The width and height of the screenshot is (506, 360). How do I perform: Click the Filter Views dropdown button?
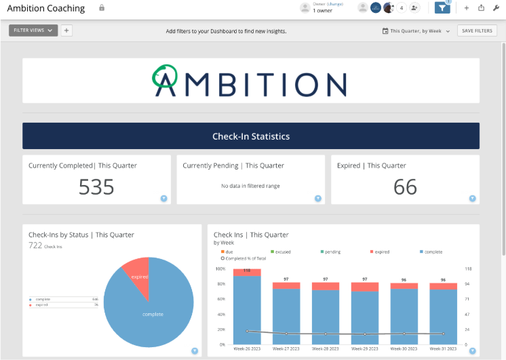(x=33, y=31)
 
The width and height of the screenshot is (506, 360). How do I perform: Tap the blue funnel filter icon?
(x=442, y=8)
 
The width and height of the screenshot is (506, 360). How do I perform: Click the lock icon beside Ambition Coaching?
(x=102, y=8)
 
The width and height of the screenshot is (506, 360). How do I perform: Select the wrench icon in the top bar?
(x=497, y=8)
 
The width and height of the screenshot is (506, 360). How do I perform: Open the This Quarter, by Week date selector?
(x=416, y=31)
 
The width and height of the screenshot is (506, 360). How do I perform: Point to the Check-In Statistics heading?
(x=251, y=136)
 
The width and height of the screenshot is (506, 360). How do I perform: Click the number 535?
(x=96, y=187)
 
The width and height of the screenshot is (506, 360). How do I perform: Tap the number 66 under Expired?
(x=405, y=187)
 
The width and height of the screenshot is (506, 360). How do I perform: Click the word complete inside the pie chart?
(x=153, y=315)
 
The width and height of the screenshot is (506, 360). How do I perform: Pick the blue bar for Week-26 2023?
(x=247, y=308)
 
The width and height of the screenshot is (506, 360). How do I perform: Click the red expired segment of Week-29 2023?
(x=365, y=286)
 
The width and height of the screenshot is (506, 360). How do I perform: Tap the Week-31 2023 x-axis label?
(x=444, y=349)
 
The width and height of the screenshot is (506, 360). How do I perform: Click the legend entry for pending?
(x=332, y=252)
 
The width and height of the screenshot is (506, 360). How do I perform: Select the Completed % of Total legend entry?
(x=244, y=258)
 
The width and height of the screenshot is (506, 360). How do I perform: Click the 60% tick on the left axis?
(x=220, y=299)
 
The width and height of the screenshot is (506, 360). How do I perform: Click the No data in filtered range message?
(x=250, y=186)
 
